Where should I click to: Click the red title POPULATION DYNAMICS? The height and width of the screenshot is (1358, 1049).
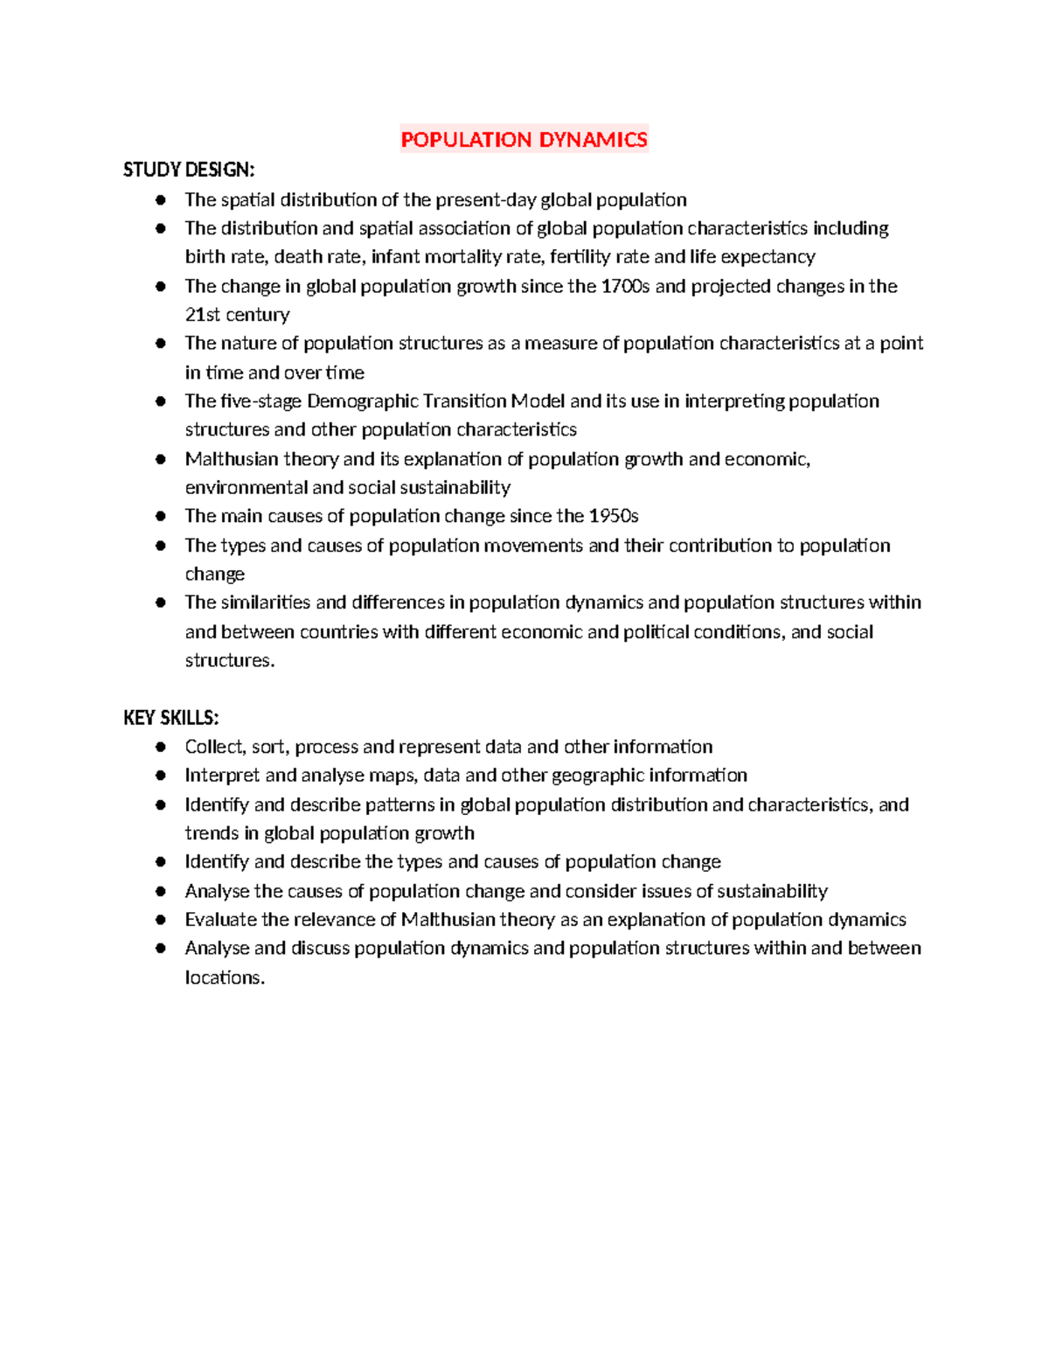(524, 140)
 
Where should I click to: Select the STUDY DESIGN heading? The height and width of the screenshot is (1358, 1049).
(189, 170)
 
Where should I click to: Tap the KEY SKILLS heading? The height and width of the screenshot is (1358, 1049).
(170, 718)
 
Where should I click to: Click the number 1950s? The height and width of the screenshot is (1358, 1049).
(614, 516)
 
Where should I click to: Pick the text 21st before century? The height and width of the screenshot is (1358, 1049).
(202, 315)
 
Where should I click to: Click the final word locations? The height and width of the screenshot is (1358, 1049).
(224, 978)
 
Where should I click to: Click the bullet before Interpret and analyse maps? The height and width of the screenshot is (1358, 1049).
(161, 775)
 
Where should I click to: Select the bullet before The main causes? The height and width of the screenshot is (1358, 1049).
(161, 516)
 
